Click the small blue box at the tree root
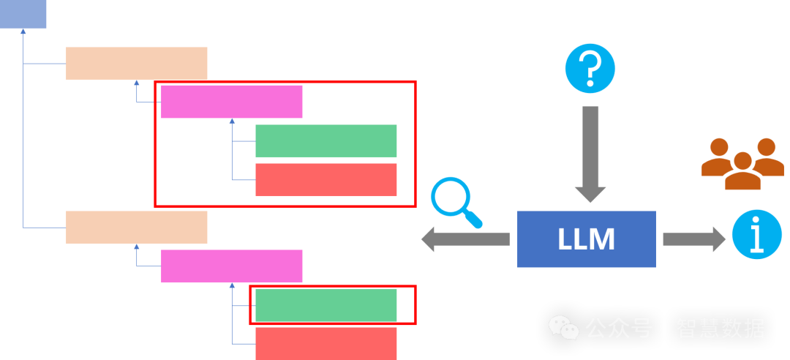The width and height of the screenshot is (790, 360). point(23,14)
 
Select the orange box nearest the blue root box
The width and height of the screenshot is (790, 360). point(137,63)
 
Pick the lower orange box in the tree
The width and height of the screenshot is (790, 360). point(137,227)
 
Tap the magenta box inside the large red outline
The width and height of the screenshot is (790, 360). point(231,102)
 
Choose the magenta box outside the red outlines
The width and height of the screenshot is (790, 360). point(231,266)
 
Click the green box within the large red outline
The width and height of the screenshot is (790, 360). point(326,140)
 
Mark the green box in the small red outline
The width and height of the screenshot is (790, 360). point(326,305)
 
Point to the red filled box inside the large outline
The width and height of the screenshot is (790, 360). point(326,179)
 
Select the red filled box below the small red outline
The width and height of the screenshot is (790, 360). point(326,343)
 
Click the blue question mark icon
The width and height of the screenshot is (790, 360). point(590,69)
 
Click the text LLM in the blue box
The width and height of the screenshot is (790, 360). point(586,239)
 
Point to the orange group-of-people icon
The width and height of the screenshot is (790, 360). point(742,163)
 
